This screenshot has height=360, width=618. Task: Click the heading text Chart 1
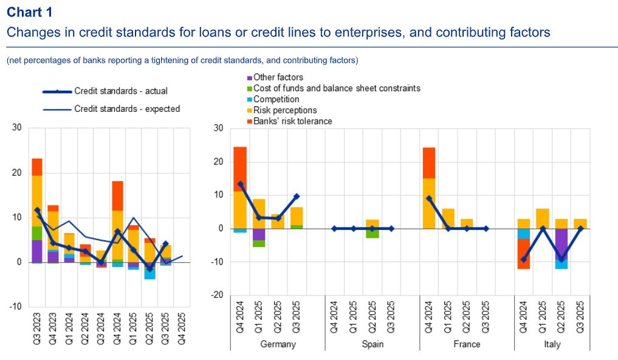coord(30,12)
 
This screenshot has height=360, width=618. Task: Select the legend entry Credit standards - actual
coord(120,91)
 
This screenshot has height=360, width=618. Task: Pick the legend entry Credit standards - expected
coord(126,109)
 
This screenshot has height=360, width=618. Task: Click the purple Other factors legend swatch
coord(249,78)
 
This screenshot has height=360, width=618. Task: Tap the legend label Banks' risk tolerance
coord(292,121)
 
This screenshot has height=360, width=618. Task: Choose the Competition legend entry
coord(276,99)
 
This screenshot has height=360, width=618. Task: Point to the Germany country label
coord(277,344)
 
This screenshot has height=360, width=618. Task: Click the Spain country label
coord(372,344)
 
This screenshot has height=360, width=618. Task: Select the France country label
coord(467,344)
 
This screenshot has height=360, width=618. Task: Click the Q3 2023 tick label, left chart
coord(38,329)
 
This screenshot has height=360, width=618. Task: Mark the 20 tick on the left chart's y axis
coord(17,173)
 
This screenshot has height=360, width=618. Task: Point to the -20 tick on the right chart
coord(216,295)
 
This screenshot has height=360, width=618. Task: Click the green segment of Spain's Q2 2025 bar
coord(373,234)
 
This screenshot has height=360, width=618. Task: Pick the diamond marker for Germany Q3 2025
coord(297,196)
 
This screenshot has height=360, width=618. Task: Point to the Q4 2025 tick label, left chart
coord(180,329)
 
